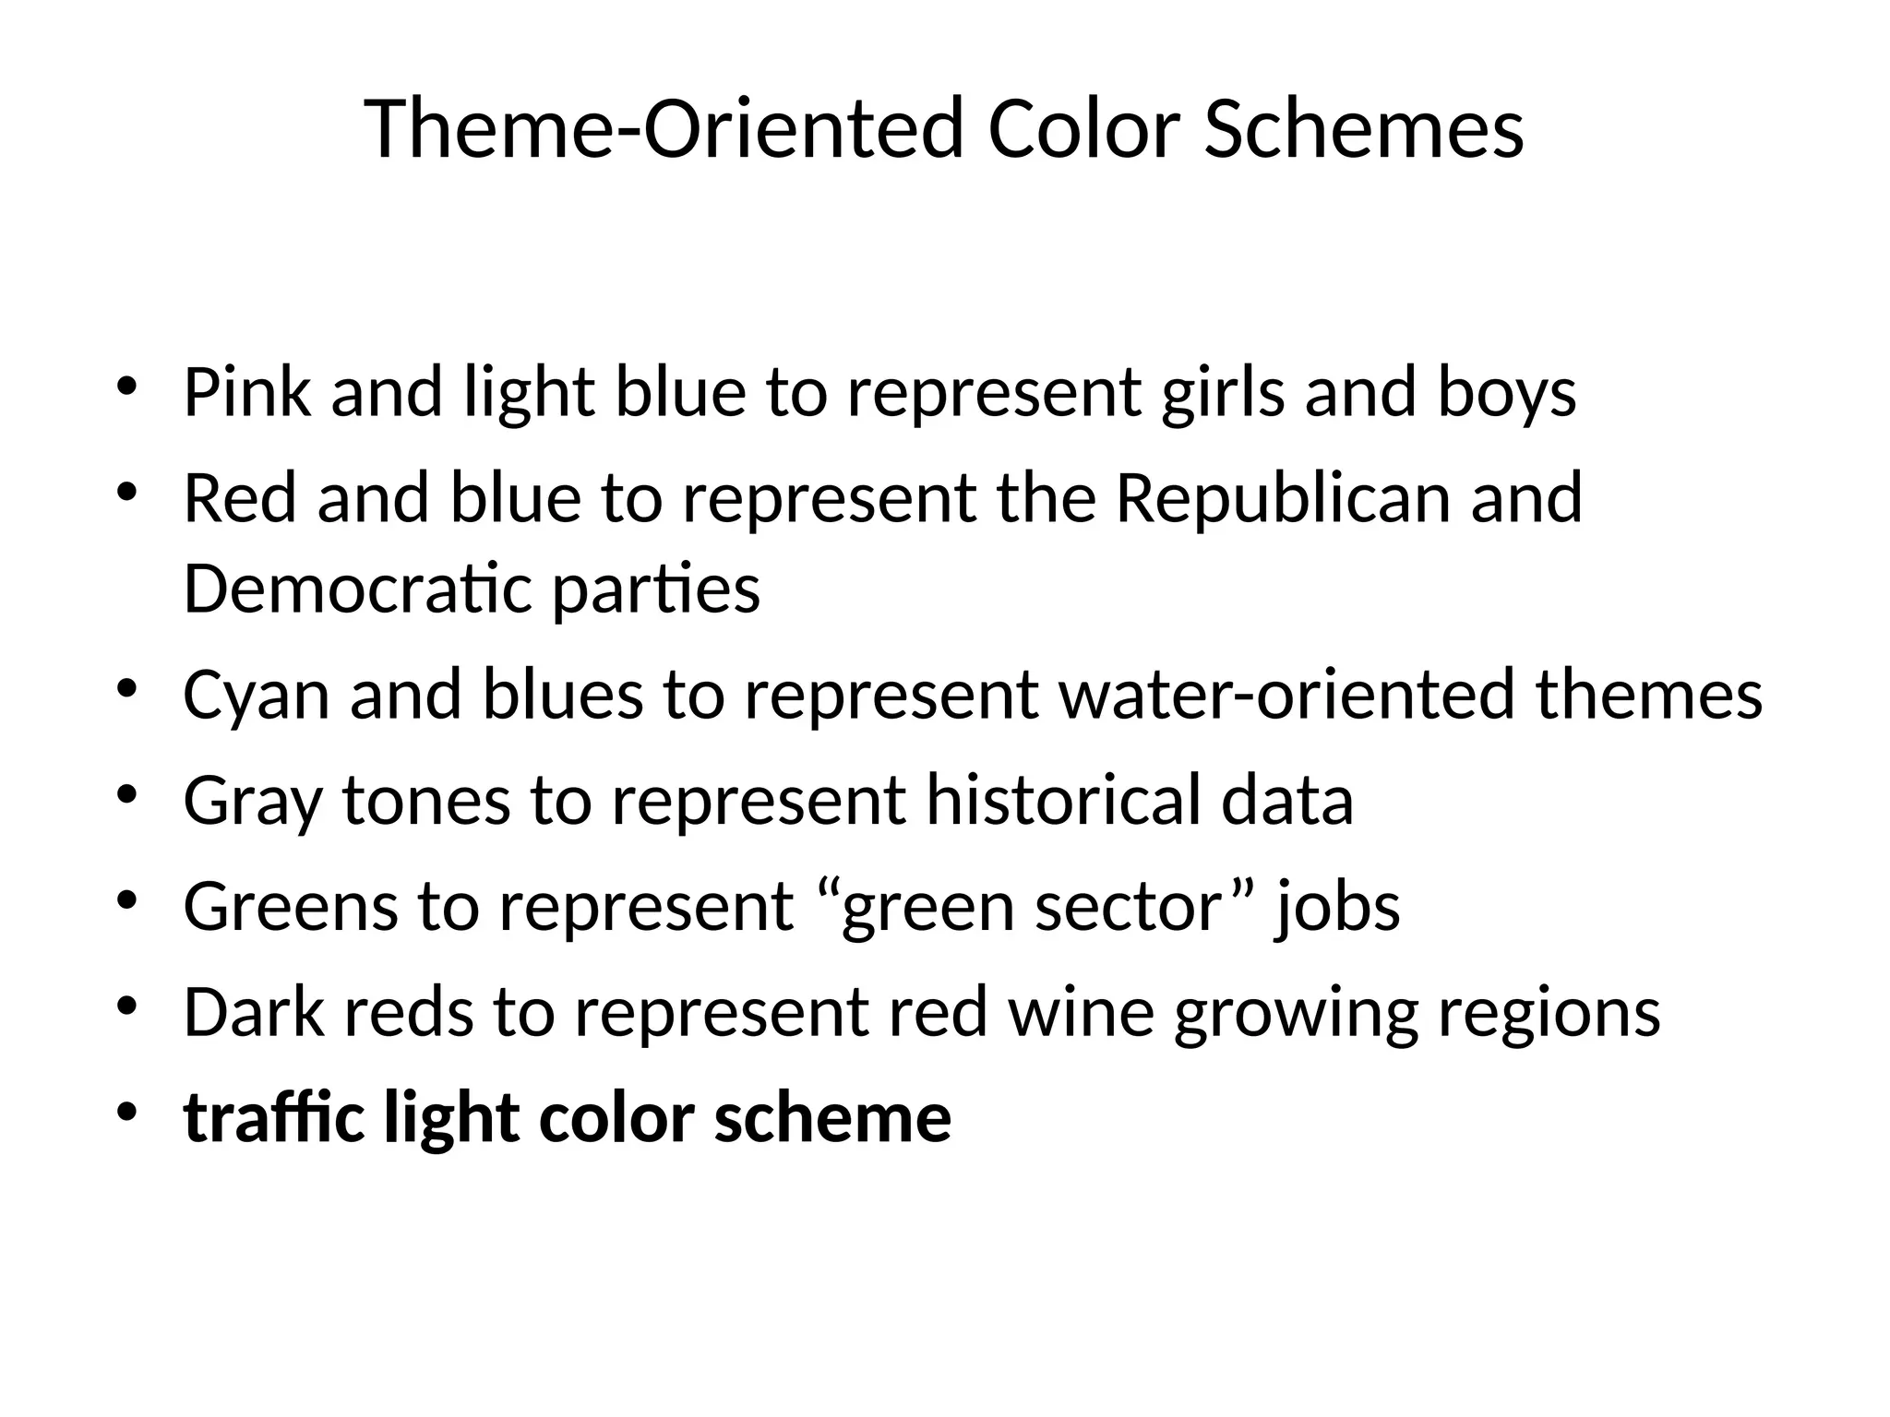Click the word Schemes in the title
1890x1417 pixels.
[x=1363, y=129]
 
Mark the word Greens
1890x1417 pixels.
[x=291, y=907]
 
